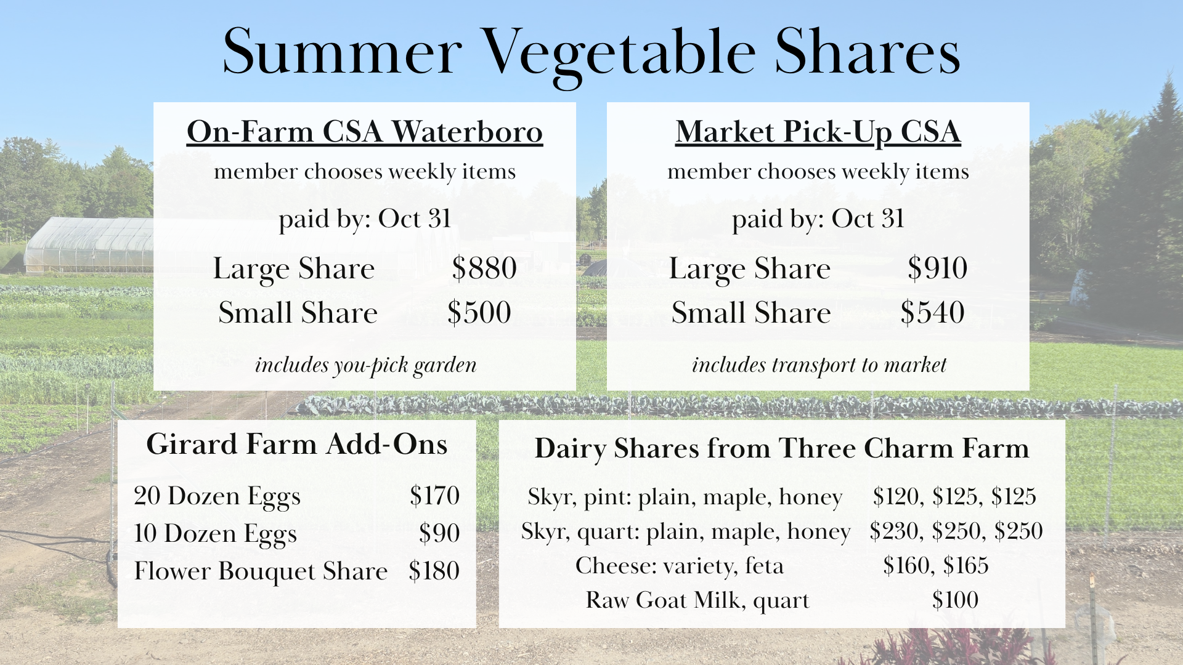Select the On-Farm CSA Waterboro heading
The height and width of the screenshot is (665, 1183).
[365, 132]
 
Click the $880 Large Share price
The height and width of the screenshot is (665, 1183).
[484, 268]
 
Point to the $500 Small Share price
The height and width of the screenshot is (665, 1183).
[479, 312]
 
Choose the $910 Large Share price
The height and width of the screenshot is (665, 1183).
[937, 268]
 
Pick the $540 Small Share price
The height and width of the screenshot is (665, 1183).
[932, 312]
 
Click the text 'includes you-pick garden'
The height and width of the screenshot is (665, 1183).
[366, 366]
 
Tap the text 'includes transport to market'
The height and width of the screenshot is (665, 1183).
[819, 365]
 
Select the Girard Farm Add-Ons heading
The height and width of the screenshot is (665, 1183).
[297, 445]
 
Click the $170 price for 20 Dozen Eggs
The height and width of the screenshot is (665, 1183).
[434, 496]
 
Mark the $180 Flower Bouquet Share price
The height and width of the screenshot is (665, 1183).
[434, 571]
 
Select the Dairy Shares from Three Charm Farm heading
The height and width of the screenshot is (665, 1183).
[782, 449]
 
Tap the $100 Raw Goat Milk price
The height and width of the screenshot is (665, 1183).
[955, 600]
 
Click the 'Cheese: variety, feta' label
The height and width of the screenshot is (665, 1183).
[680, 565]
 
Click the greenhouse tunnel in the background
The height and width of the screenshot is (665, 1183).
[89, 245]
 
